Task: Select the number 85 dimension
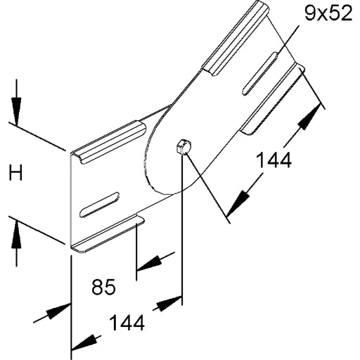pyautogui.click(x=103, y=287)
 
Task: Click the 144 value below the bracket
pyautogui.click(x=127, y=323)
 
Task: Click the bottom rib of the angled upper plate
pyautogui.click(x=274, y=98)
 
